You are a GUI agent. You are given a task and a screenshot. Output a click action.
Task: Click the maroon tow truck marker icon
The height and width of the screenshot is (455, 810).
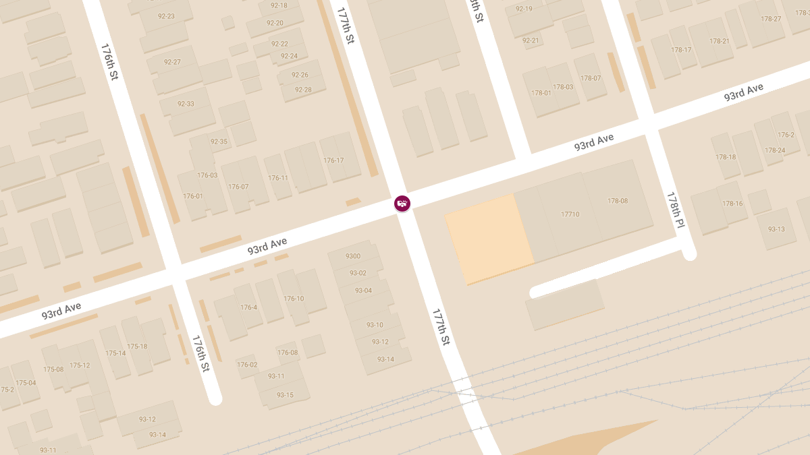402,203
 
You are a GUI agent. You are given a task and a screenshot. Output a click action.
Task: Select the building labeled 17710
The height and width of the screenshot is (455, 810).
570,214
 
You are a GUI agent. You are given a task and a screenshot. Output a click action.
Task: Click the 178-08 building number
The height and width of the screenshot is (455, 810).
617,201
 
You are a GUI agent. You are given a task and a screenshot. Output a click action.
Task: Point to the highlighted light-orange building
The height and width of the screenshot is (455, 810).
487,237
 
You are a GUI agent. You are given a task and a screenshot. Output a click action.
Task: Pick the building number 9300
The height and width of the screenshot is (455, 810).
353,256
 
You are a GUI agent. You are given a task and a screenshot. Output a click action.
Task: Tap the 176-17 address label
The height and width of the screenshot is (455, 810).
333,160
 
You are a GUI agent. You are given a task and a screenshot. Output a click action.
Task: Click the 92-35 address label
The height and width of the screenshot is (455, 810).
219,142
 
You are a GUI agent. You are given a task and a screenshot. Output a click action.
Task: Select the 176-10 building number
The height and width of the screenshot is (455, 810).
294,299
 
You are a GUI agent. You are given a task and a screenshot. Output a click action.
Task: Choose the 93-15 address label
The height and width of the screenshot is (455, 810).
285,395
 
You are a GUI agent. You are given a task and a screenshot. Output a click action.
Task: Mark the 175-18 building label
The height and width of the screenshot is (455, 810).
137,346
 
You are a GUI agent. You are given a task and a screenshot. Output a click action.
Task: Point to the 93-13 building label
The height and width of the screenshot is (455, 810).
776,229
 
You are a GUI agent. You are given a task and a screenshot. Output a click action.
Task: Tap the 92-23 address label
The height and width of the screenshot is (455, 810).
166,16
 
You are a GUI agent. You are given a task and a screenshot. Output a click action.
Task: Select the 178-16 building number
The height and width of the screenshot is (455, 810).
732,204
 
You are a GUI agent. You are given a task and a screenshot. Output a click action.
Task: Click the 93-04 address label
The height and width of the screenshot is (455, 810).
363,291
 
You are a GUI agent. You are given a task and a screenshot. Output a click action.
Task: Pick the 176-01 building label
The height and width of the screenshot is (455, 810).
193,196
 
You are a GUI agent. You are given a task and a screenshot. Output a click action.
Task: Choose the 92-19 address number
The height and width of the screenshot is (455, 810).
524,9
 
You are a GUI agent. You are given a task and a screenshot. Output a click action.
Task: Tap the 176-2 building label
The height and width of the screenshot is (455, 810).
786,135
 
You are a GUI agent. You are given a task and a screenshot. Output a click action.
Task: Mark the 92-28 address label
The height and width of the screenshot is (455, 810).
303,90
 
